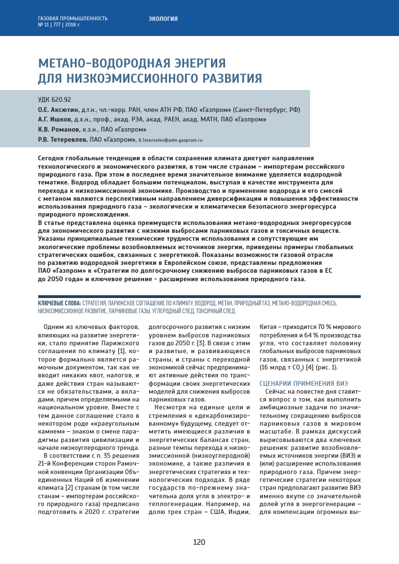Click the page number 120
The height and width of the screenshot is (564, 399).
(x=199, y=542)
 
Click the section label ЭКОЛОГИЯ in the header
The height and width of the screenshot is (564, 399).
(x=163, y=19)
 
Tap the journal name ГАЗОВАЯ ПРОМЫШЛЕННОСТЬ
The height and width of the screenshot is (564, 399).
(x=73, y=18)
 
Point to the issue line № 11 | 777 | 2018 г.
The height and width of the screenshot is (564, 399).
(x=59, y=25)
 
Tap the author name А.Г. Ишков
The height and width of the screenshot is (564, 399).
(x=55, y=119)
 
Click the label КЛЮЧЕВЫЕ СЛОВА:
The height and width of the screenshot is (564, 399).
(x=59, y=303)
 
